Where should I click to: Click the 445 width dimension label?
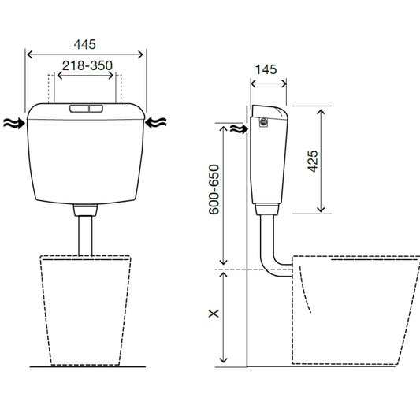84,44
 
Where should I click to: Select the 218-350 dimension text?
87,65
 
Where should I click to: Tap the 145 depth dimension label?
266,69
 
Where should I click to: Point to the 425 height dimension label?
313,161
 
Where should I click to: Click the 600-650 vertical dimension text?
214,189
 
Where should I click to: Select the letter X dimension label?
214,314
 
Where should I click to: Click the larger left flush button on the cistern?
80,109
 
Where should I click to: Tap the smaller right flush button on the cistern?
96,109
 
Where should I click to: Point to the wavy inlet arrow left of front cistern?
14,124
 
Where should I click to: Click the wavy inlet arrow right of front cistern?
155,122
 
